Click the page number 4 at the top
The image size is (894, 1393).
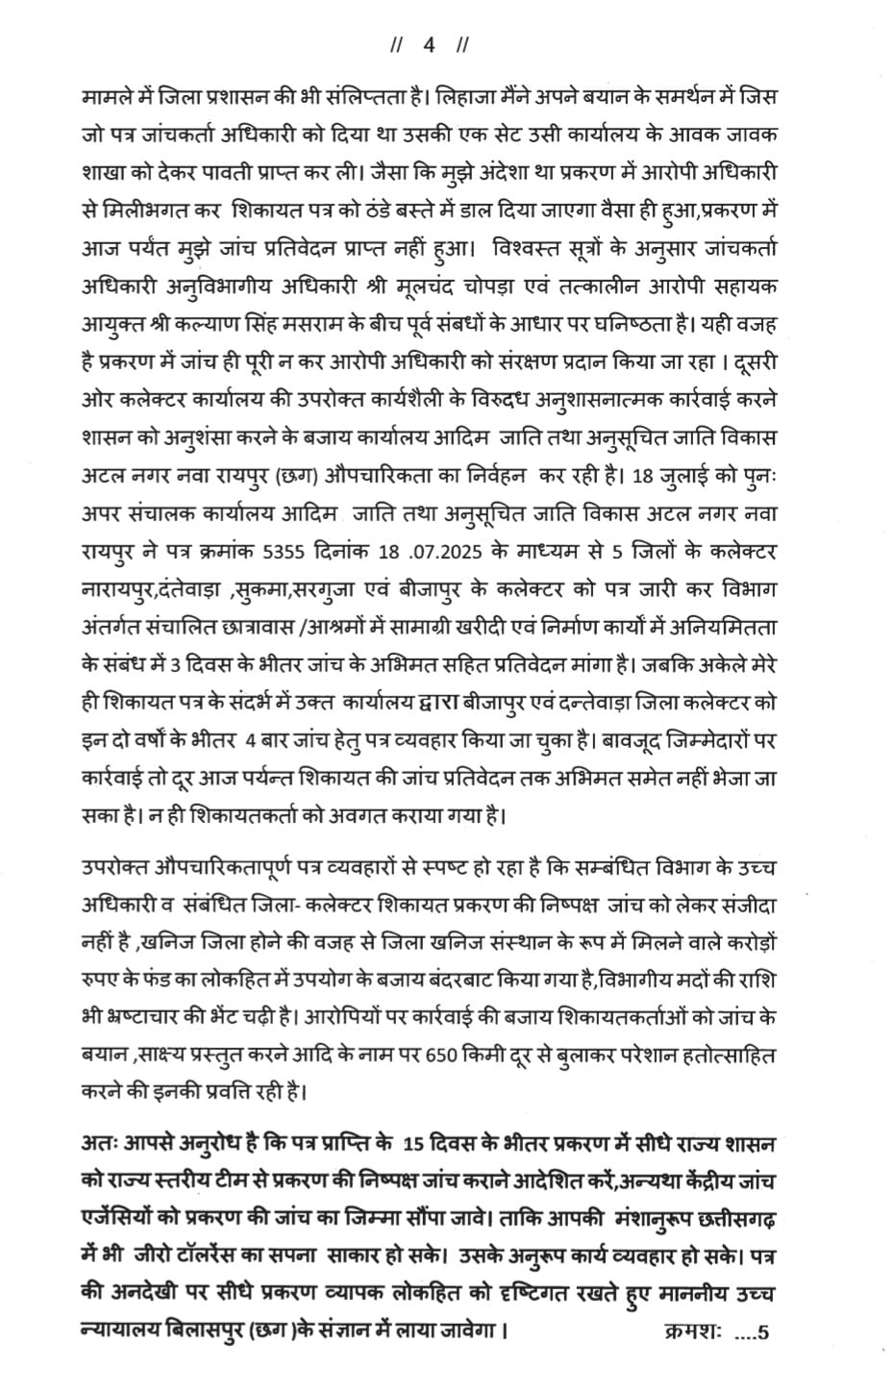coord(429,45)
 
